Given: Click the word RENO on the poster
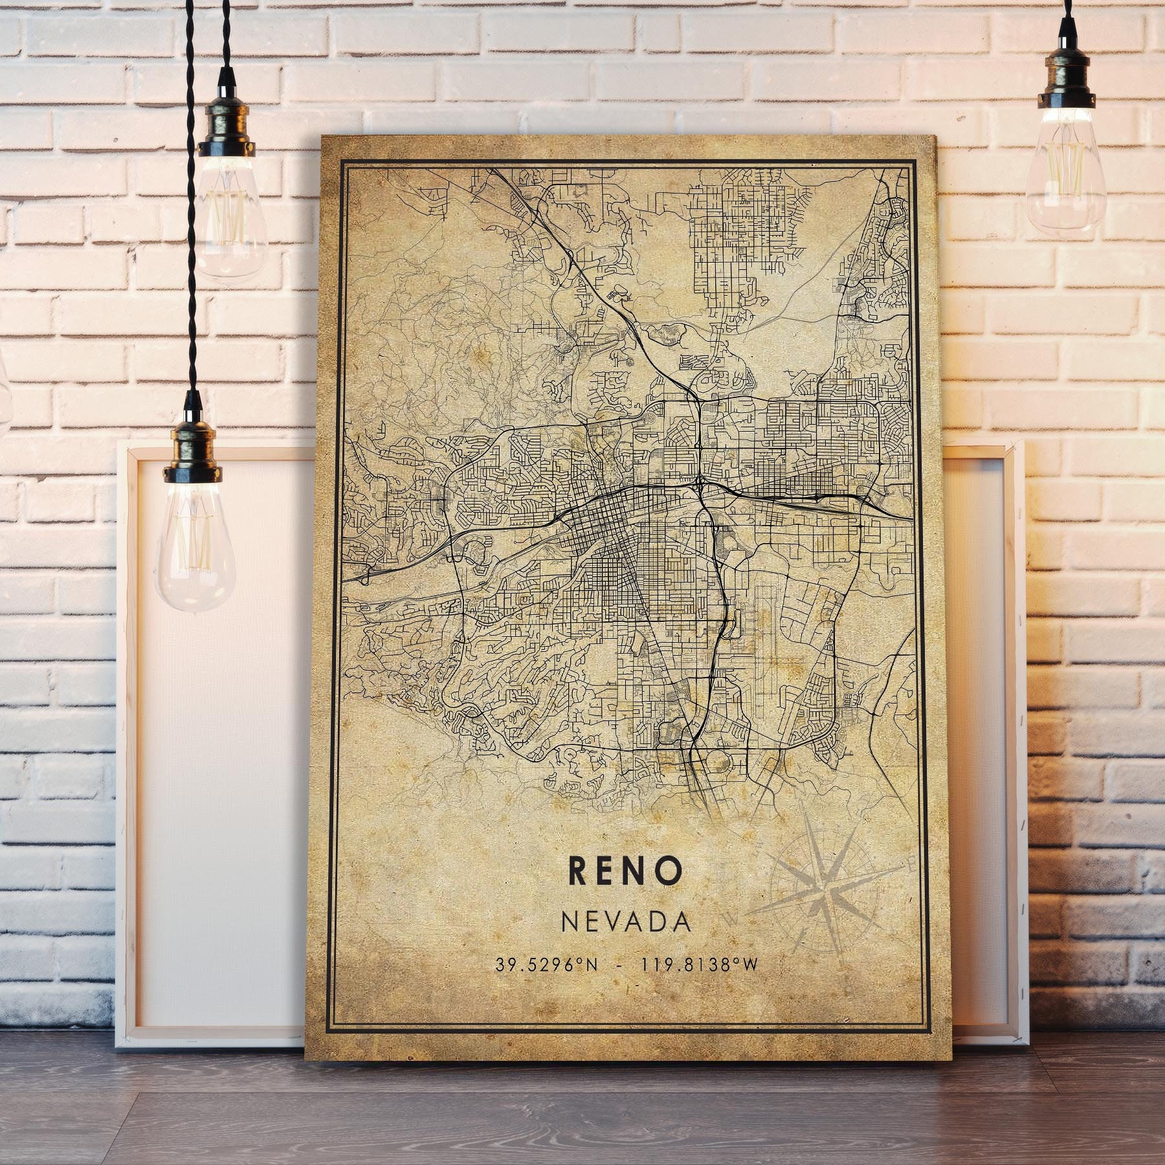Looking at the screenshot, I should [626, 871].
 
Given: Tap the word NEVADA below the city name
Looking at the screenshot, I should [626, 922].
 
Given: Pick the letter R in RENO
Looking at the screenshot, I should [579, 871].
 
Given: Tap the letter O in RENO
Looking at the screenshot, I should [672, 871].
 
